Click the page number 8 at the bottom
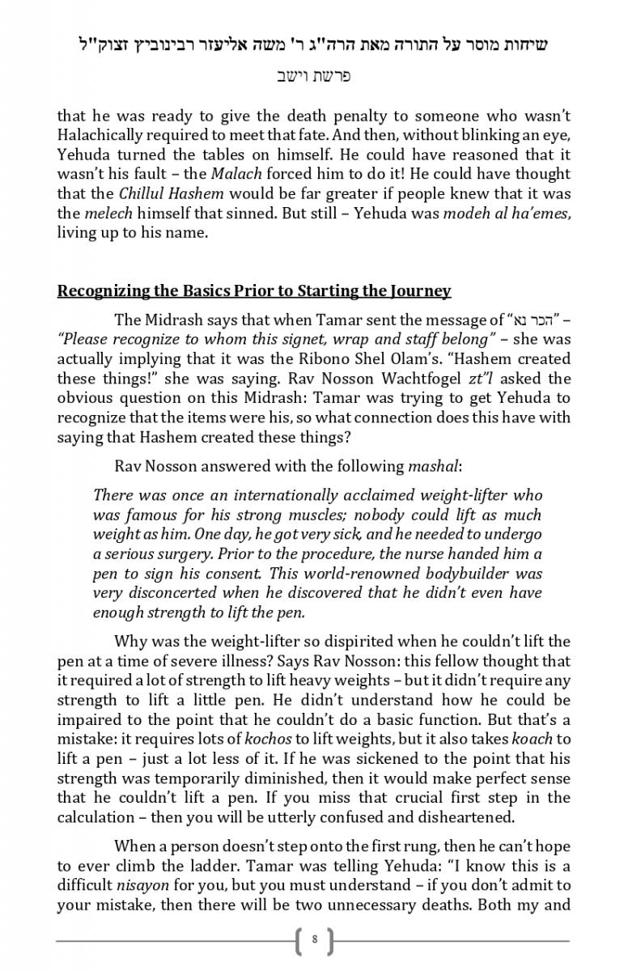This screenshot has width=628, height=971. [x=314, y=940]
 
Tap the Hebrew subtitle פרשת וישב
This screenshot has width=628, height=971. [x=313, y=76]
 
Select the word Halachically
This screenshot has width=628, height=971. [x=99, y=135]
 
